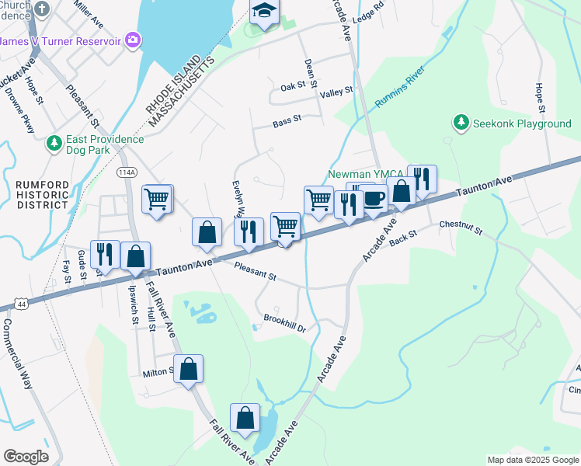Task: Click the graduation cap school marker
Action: (x=264, y=12)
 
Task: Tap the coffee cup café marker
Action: (x=374, y=199)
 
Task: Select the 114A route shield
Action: (x=126, y=171)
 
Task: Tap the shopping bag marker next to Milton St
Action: (x=188, y=370)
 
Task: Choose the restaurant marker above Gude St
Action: (x=103, y=255)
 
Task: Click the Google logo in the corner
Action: (x=26, y=457)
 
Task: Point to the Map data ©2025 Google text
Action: (x=532, y=460)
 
